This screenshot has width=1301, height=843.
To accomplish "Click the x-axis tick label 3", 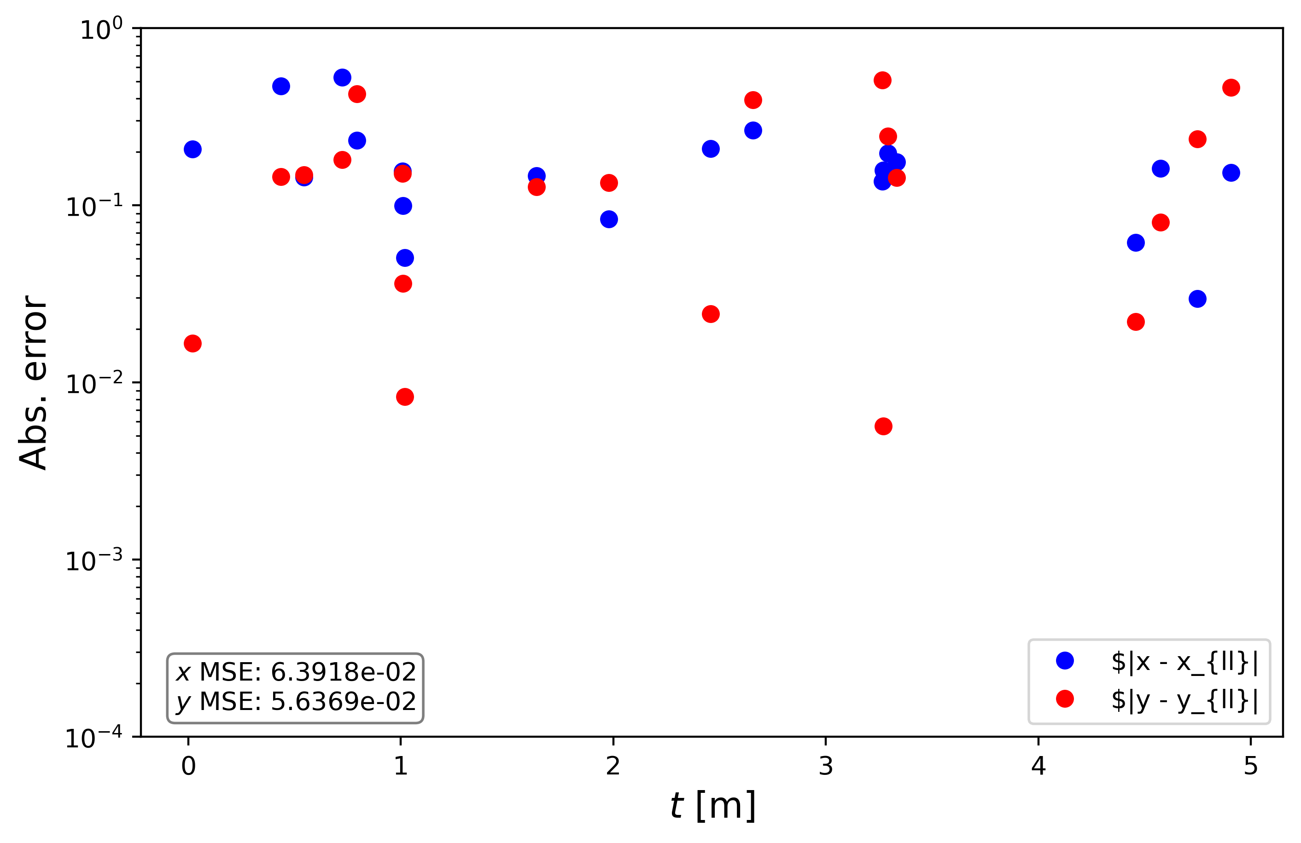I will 825,767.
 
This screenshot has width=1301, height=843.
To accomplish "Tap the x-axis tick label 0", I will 189,767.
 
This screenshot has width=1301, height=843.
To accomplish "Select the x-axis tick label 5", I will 1251,767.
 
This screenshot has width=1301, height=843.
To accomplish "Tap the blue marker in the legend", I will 1065,660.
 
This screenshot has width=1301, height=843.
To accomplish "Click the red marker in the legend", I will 1065,699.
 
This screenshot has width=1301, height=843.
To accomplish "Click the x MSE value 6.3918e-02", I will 343,672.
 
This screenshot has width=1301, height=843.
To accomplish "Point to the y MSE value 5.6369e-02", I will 343,701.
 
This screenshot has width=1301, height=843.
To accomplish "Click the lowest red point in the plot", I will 883,426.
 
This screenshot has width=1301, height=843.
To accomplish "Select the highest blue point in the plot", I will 342,78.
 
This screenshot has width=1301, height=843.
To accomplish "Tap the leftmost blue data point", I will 193,149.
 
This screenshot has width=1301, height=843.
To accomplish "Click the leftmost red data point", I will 193,344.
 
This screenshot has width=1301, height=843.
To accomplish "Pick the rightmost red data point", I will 1231,87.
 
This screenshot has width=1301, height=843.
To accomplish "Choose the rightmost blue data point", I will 1231,173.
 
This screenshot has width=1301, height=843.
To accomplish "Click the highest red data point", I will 882,81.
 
